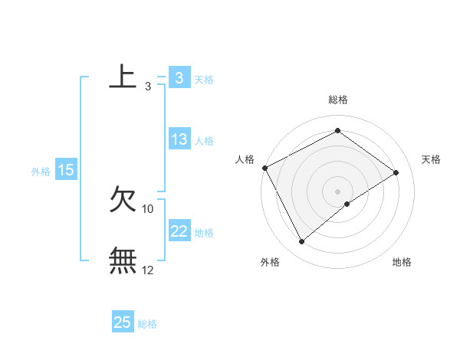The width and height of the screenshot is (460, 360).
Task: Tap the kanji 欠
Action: point(123,200)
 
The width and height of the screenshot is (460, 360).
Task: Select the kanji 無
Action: point(123,261)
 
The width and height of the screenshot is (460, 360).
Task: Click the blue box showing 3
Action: point(179,77)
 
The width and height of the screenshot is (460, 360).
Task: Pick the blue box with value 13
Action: point(179,139)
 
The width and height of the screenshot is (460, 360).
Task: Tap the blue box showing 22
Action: point(179,231)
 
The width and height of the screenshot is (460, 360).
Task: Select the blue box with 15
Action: point(66,171)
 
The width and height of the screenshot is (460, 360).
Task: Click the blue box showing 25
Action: point(123,322)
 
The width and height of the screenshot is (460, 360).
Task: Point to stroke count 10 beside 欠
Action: point(148,208)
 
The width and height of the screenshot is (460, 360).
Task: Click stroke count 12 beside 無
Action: point(148,270)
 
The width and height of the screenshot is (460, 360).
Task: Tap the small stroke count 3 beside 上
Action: point(148,87)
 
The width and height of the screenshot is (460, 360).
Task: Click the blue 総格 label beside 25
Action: point(147,324)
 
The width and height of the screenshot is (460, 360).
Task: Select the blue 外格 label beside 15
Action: point(41,172)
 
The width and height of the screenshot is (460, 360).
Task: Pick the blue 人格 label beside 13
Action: point(204,141)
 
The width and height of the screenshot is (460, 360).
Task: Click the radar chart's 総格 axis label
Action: point(338,100)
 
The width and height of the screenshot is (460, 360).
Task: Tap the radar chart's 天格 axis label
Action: point(432,159)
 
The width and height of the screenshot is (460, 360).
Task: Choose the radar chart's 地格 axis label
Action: point(402,263)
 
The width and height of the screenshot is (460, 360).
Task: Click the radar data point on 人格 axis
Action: point(264,168)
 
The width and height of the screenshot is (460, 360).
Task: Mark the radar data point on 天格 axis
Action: point(396,172)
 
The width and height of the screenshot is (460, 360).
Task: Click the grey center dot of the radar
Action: point(337,191)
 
